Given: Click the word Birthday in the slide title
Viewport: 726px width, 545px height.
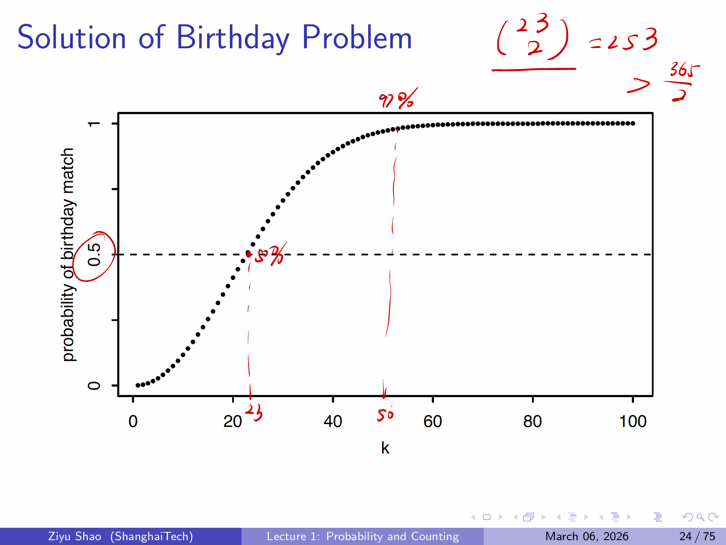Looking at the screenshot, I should pyautogui.click(x=233, y=38).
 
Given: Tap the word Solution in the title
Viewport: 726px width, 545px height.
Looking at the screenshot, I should pyautogui.click(x=72, y=38).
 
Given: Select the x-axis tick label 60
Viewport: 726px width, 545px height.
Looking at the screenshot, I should pyautogui.click(x=433, y=422).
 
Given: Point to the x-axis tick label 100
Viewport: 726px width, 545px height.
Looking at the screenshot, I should pyautogui.click(x=633, y=422).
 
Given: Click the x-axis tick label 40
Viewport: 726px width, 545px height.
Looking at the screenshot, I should pyautogui.click(x=333, y=422).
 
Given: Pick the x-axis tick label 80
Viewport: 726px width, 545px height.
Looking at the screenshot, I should pyautogui.click(x=532, y=422).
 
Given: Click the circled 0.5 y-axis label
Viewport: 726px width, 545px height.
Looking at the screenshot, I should pyautogui.click(x=94, y=255).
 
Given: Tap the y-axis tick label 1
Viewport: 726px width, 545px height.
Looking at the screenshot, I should pyautogui.click(x=94, y=124).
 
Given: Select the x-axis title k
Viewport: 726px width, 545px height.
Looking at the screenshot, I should pyautogui.click(x=385, y=448).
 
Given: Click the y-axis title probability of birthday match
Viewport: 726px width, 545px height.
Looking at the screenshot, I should pyautogui.click(x=68, y=255).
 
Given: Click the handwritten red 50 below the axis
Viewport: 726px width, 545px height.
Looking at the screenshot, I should pyautogui.click(x=385, y=414).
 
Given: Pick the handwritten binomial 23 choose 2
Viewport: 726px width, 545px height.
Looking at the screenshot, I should pyautogui.click(x=533, y=37).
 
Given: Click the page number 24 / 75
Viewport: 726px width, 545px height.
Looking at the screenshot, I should pyautogui.click(x=697, y=536).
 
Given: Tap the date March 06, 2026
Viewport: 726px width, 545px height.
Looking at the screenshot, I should pyautogui.click(x=587, y=536).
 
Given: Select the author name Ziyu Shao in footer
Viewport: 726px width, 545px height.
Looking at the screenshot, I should pyautogui.click(x=75, y=536).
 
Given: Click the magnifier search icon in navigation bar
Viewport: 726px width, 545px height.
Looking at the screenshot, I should pyautogui.click(x=700, y=517).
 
